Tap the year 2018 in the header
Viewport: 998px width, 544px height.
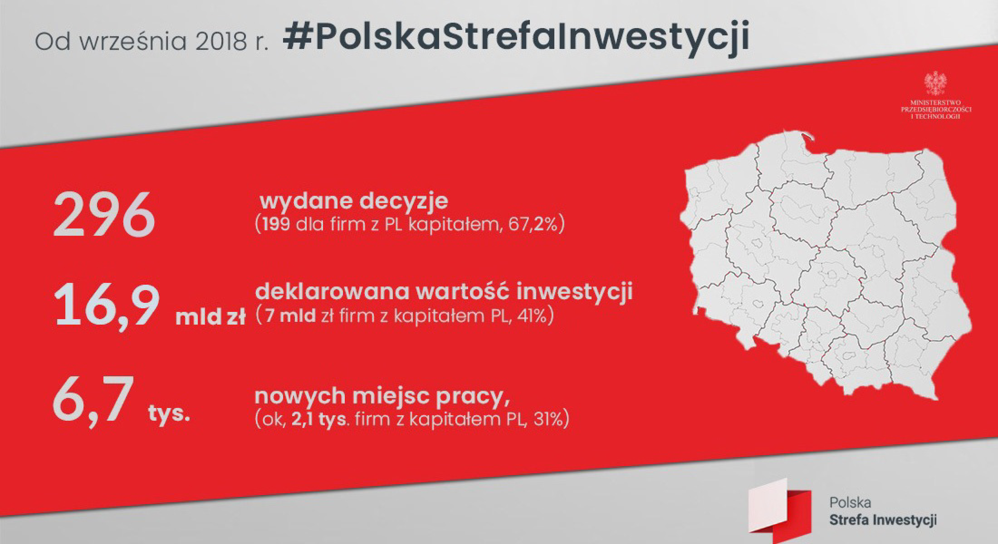point(221,42)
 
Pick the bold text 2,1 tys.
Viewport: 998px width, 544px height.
point(319,420)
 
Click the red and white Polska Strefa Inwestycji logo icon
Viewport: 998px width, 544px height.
point(779,510)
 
